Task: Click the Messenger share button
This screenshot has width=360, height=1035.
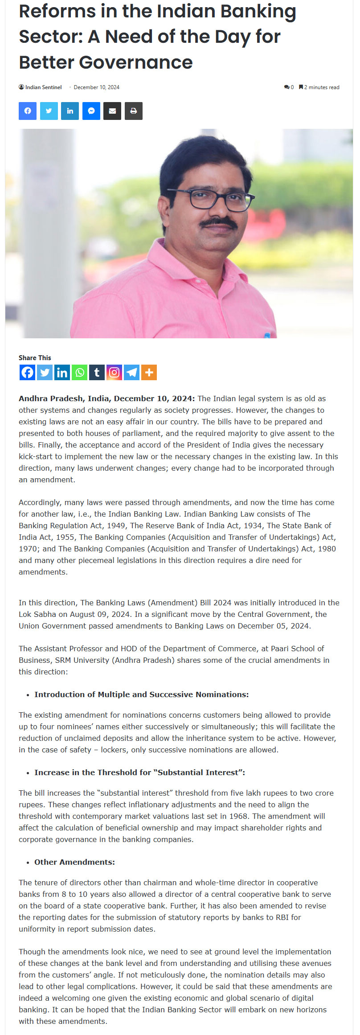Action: tap(91, 111)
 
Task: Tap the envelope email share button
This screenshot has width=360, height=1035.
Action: tap(112, 111)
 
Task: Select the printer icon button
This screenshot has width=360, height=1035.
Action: tap(134, 111)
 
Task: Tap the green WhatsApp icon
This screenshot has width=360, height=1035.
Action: tap(80, 372)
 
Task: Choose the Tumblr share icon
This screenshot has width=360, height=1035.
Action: tap(97, 372)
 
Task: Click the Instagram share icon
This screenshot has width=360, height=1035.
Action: tap(114, 372)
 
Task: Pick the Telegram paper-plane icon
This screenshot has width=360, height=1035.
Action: tap(131, 372)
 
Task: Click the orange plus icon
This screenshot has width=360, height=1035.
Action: tap(149, 372)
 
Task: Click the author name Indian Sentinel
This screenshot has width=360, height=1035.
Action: tap(43, 87)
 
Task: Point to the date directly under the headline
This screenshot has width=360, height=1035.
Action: tap(96, 87)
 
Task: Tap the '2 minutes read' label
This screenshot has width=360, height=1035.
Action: tap(322, 87)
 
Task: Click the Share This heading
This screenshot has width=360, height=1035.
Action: tap(35, 357)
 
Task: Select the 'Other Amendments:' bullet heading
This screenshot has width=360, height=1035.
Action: tap(74, 862)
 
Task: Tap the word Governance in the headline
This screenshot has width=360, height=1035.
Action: tap(136, 62)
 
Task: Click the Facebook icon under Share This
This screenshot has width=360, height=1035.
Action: tap(28, 372)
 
